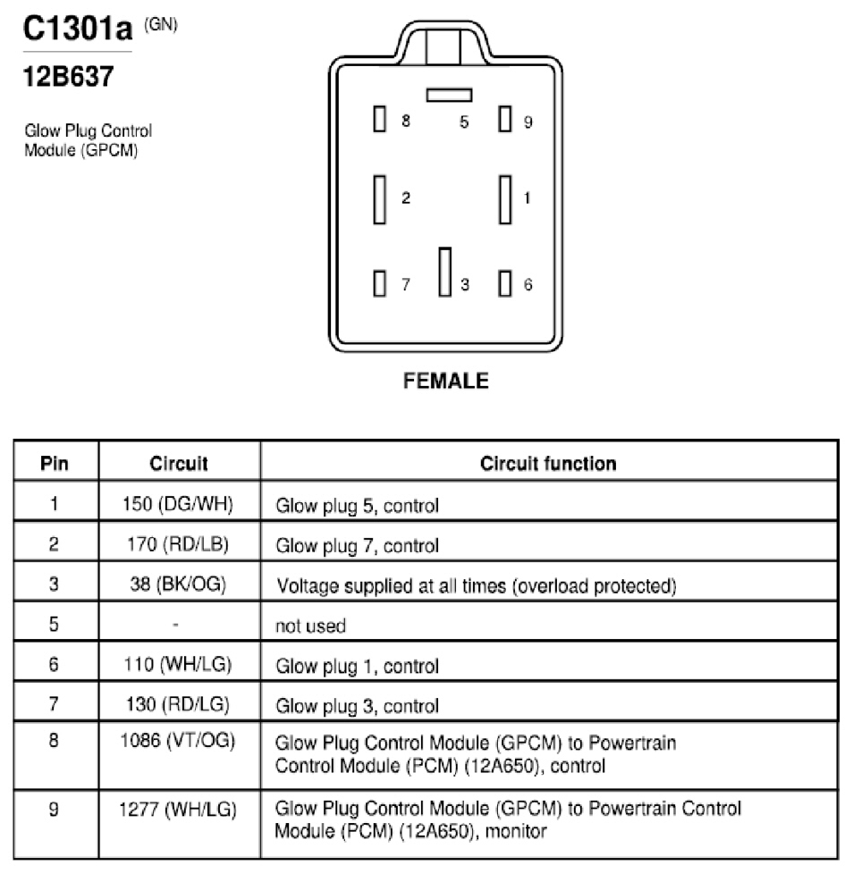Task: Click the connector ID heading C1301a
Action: (x=78, y=29)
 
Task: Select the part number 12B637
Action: (x=68, y=76)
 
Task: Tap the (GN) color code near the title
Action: (x=161, y=24)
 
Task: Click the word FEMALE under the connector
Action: (x=445, y=381)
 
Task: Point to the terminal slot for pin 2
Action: (x=380, y=199)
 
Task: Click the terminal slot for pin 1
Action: (x=505, y=199)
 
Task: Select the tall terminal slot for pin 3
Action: (x=445, y=272)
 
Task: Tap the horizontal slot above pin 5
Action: (x=450, y=96)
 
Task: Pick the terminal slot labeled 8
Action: (x=380, y=119)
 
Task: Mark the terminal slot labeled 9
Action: (x=505, y=119)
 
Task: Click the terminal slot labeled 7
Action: (x=380, y=283)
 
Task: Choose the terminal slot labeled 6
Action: (x=505, y=283)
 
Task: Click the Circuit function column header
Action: (x=548, y=463)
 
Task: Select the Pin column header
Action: (x=54, y=463)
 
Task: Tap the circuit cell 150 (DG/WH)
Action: (x=178, y=504)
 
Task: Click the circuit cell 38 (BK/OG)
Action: (x=178, y=584)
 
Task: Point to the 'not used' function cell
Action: (x=310, y=626)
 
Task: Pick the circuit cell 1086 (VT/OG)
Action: (x=178, y=740)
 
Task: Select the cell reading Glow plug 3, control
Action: (x=358, y=706)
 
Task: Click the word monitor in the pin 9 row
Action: (x=516, y=831)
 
